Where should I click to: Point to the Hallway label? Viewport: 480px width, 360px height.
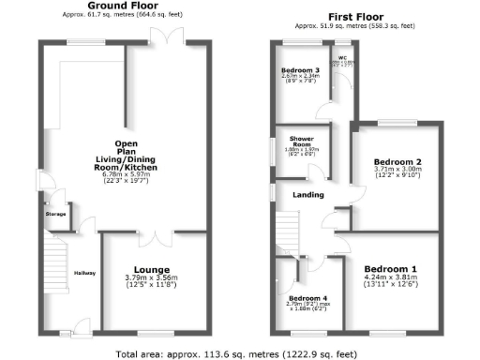(84, 272)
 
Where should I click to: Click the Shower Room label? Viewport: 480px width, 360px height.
(300, 141)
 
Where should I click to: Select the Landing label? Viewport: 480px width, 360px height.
(308, 195)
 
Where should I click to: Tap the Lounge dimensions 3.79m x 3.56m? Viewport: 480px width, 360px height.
(152, 278)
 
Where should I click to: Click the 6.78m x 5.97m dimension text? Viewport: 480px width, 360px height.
(135, 174)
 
